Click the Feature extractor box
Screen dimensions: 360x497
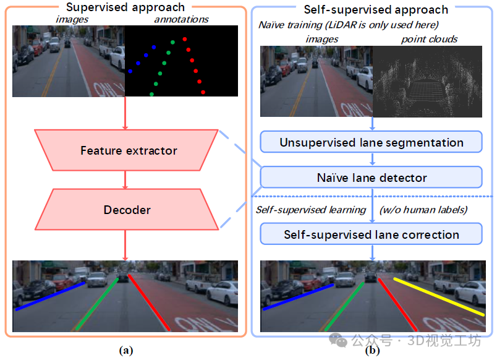129,150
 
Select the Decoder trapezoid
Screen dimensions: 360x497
127,210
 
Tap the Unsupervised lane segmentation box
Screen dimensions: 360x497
371,142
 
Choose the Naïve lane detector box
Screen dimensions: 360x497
371,178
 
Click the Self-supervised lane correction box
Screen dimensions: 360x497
371,234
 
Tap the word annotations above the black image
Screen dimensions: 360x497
181,20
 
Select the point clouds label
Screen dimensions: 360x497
429,39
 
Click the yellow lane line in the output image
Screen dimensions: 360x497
439,297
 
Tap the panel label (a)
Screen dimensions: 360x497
127,351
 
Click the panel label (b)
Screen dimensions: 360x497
373,351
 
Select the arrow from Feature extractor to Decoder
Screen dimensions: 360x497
126,179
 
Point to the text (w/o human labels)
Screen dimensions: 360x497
422,210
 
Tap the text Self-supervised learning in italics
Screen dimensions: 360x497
311,210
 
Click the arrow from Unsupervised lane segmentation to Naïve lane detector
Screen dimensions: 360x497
372,160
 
